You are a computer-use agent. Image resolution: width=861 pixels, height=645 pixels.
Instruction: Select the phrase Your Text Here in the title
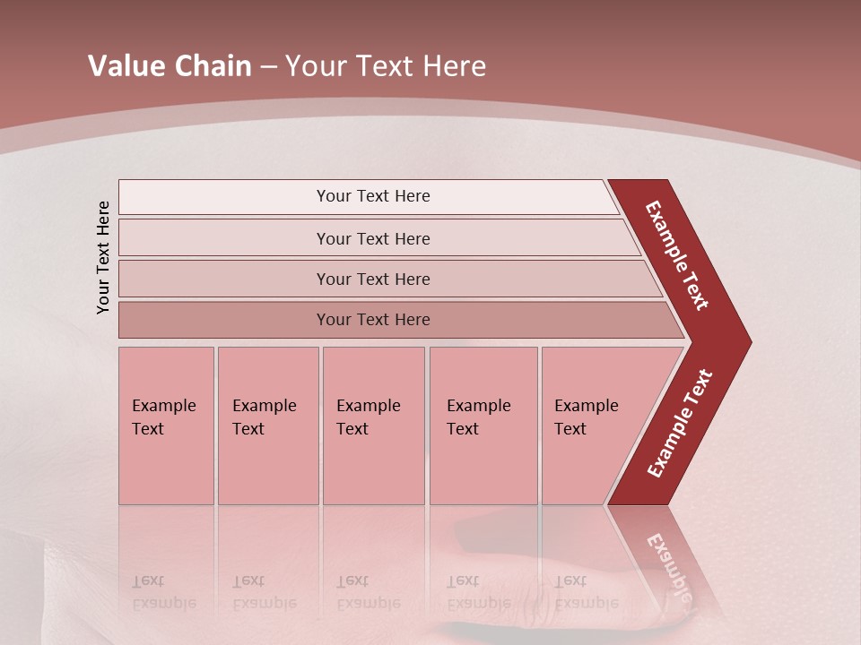pos(386,66)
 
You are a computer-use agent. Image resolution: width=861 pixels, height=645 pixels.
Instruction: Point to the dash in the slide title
pos(268,67)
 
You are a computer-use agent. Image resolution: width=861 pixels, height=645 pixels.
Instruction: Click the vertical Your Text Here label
pos(103,257)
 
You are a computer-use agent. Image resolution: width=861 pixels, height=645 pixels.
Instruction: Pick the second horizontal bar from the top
pos(372,238)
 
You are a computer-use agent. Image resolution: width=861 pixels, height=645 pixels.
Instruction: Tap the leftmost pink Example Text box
pos(166,425)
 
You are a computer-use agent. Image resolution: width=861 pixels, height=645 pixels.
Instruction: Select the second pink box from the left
pos(267,425)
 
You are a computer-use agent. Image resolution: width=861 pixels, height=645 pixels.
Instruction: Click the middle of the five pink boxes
pos(373,425)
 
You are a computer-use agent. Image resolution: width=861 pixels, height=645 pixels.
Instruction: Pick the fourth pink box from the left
pos(483,425)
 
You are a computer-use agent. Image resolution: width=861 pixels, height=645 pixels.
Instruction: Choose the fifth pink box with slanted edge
pos(592,425)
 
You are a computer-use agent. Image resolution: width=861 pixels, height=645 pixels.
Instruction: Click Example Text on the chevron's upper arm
pos(677,256)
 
